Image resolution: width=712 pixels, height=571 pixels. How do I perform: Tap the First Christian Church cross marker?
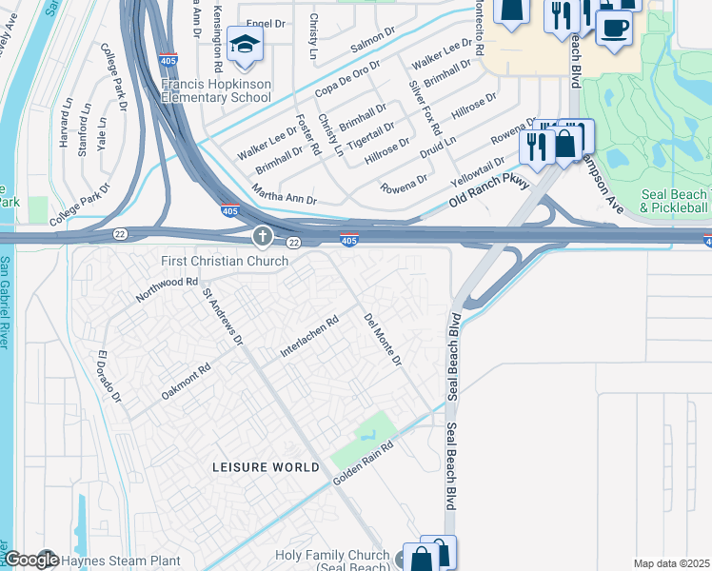pyautogui.click(x=263, y=235)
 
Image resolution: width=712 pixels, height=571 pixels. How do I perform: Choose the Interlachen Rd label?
pyautogui.click(x=309, y=338)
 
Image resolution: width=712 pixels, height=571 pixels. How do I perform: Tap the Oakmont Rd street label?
pyautogui.click(x=186, y=381)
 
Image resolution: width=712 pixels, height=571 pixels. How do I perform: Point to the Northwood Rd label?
pyautogui.click(x=167, y=289)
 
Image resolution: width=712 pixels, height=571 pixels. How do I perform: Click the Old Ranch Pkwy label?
pyautogui.click(x=488, y=190)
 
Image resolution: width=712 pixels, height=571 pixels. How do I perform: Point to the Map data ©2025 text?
pyautogui.click(x=671, y=563)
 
